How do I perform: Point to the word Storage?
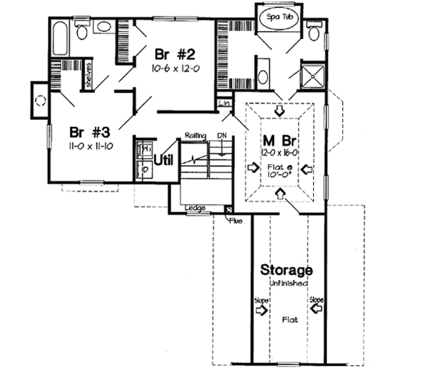click(x=287, y=270)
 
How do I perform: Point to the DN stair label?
click(x=223, y=135)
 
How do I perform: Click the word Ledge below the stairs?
click(x=195, y=209)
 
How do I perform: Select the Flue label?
click(x=235, y=219)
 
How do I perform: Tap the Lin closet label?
click(x=227, y=105)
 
